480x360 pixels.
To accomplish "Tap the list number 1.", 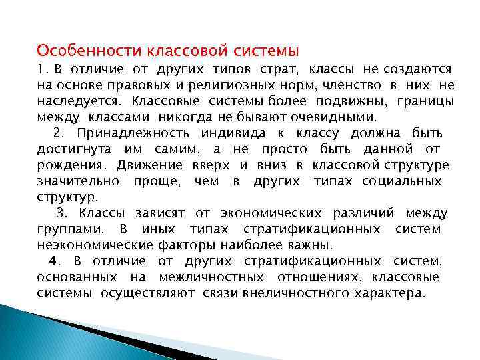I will pos(41,69).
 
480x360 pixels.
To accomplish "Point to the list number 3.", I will pos(62,213).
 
